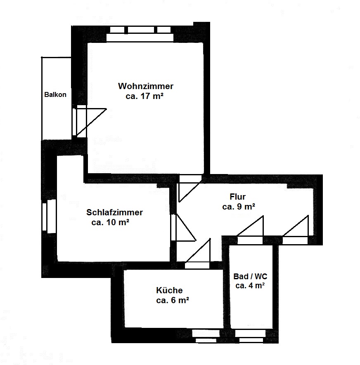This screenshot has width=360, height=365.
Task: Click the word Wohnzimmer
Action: (x=146, y=86)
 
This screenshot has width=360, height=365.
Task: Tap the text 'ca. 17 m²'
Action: (x=144, y=96)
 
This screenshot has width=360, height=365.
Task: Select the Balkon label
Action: (x=55, y=95)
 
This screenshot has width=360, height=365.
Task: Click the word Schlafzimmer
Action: (x=114, y=212)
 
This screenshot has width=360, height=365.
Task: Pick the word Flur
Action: (x=238, y=197)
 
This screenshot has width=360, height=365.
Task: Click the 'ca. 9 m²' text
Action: (x=239, y=207)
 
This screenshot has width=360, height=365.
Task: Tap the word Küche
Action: (x=169, y=290)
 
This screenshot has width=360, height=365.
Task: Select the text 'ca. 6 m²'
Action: (x=173, y=300)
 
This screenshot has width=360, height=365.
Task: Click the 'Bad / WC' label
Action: (x=250, y=277)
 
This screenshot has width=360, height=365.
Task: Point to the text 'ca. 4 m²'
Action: (x=250, y=286)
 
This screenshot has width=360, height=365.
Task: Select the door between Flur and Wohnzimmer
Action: (x=189, y=188)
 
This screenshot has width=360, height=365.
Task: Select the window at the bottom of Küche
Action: (x=206, y=336)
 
